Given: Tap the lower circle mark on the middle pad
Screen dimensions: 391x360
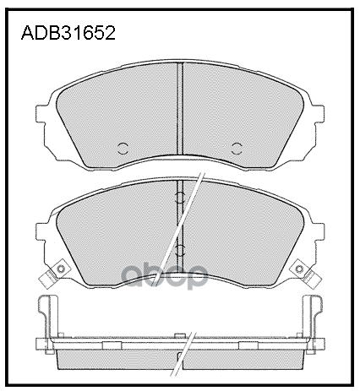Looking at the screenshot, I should click(x=179, y=251).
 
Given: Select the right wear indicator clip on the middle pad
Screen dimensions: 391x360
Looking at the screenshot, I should click(x=302, y=272).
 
